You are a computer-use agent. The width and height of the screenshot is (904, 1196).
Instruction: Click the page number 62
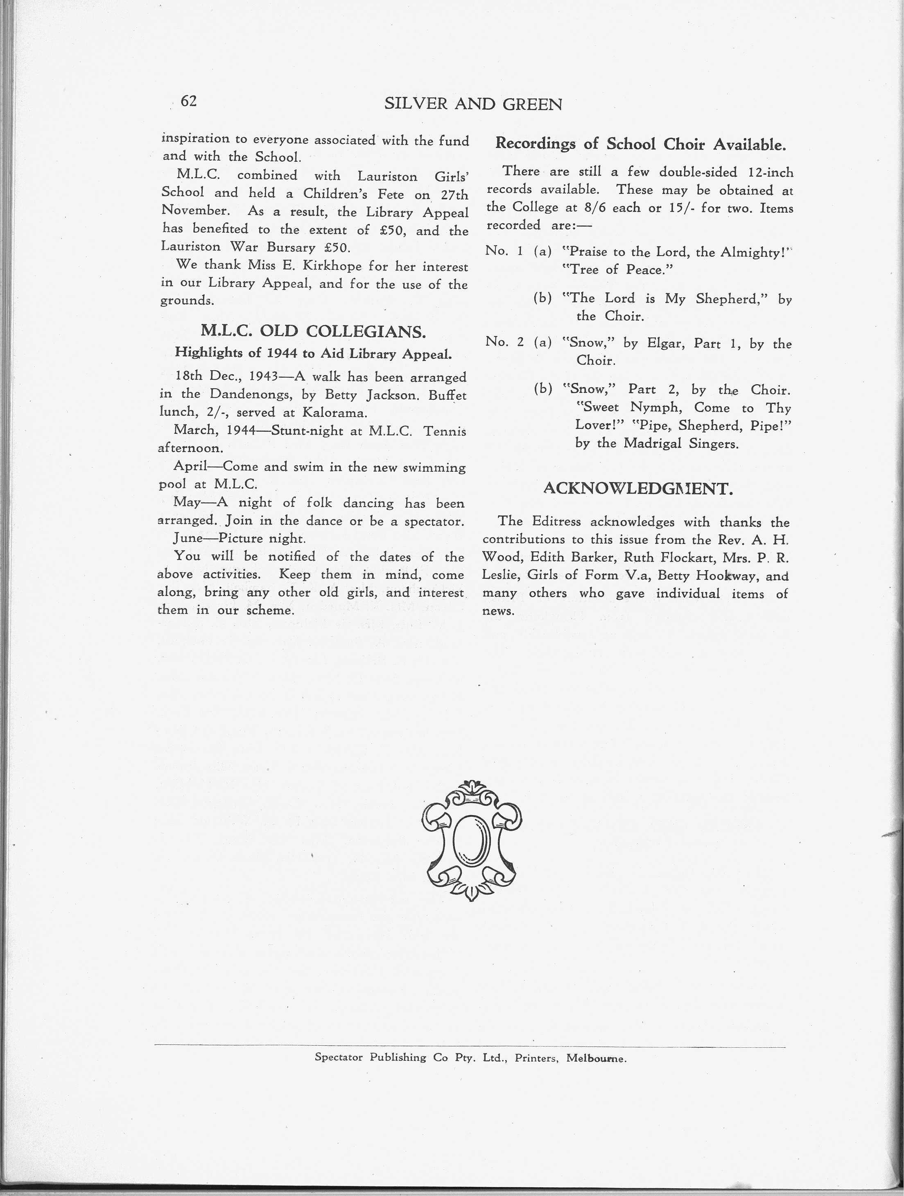pos(189,101)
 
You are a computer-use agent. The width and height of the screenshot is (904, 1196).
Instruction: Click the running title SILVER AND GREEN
pos(473,104)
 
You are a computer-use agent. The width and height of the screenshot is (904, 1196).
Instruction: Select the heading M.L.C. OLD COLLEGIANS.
pos(313,331)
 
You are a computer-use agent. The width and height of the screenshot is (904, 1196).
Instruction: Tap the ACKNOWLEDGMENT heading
pos(637,489)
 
